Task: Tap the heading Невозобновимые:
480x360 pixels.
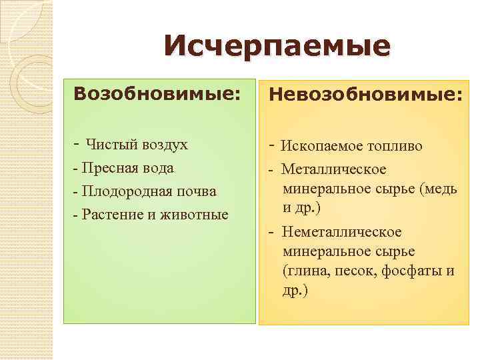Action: [365, 95]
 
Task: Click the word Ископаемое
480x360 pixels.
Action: [321, 146]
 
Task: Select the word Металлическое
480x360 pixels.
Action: [333, 170]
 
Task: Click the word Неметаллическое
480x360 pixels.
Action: [341, 232]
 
